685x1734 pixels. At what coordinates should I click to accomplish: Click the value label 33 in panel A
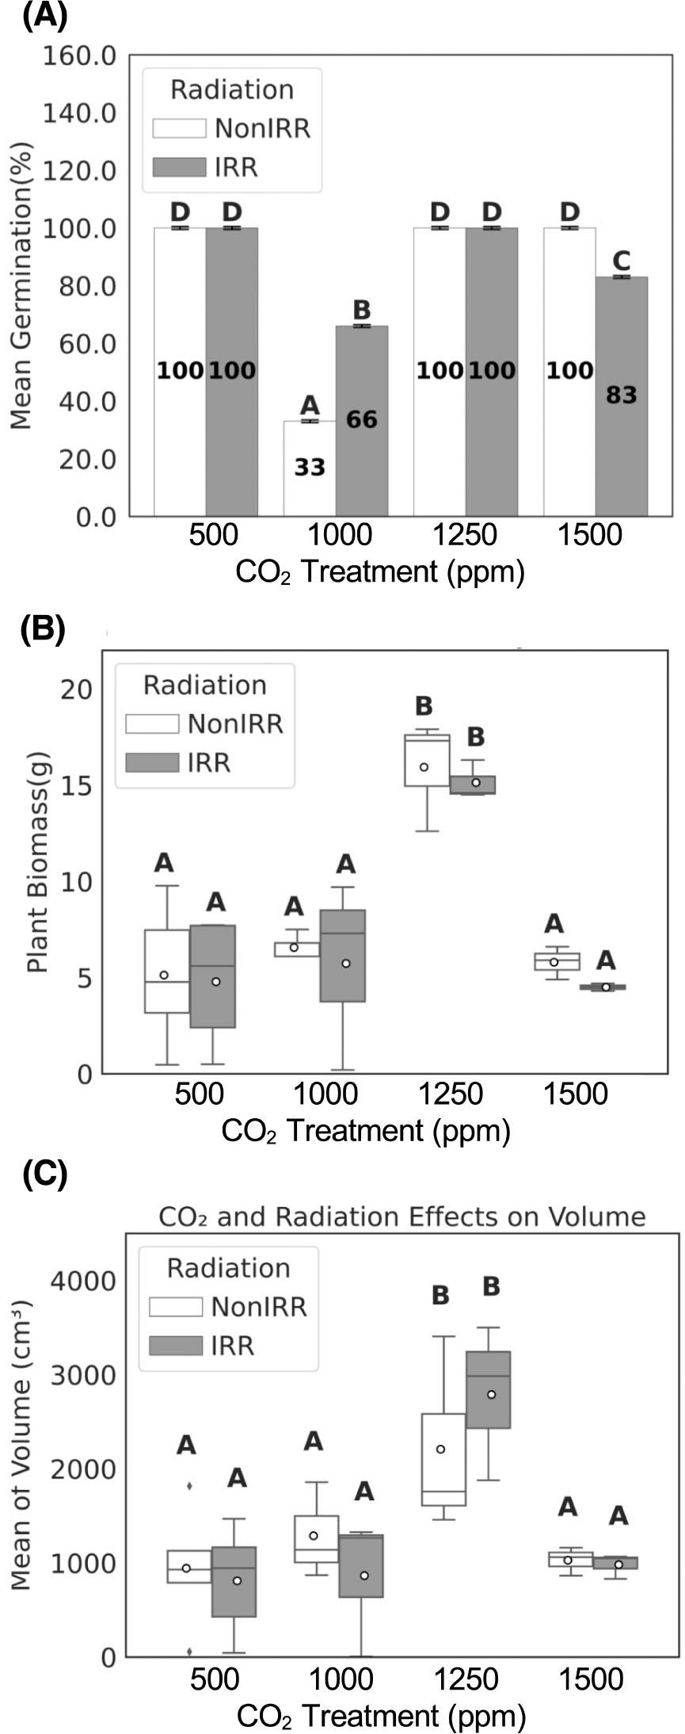click(x=310, y=468)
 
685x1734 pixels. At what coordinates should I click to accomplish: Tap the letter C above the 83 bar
click(x=622, y=260)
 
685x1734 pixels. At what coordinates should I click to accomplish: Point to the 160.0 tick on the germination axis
click(x=80, y=56)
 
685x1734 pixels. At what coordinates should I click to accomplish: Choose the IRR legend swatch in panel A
click(x=180, y=167)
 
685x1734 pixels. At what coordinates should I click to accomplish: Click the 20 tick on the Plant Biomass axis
click(x=78, y=688)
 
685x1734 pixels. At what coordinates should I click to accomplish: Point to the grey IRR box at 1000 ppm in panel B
click(x=343, y=956)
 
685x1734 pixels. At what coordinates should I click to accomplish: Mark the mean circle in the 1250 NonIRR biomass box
click(x=424, y=766)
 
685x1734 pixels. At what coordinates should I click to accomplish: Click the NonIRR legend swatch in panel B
click(x=152, y=724)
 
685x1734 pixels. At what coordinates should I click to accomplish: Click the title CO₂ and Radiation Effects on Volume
click(x=402, y=1216)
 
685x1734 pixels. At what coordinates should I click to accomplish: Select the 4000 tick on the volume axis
click(x=82, y=1280)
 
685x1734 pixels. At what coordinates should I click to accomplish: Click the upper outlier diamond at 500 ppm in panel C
click(x=189, y=1484)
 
